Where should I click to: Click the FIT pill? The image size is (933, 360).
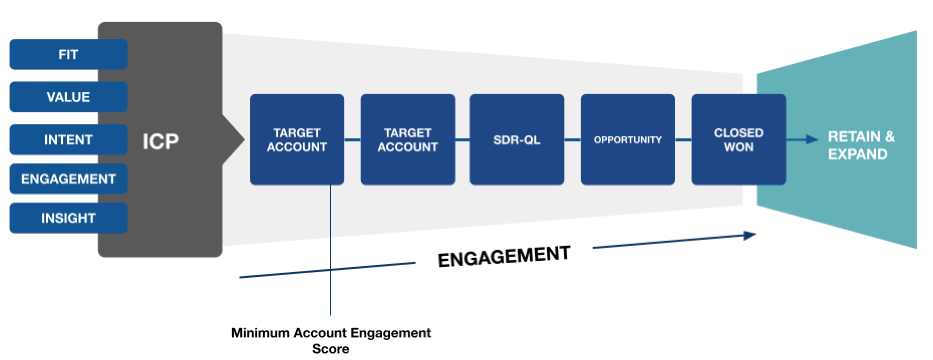[x=68, y=54]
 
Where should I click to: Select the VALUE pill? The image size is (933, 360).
[x=68, y=97]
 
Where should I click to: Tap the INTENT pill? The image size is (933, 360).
[x=68, y=139]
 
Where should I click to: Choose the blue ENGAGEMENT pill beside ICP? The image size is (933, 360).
[x=68, y=178]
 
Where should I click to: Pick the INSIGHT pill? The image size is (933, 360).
[x=68, y=218]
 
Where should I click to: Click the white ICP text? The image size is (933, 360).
[x=161, y=142]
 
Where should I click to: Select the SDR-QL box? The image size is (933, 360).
[x=517, y=139]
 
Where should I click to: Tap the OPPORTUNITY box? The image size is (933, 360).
[x=628, y=139]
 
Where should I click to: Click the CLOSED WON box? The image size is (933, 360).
[x=739, y=139]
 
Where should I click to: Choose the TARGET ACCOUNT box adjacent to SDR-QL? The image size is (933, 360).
[x=408, y=139]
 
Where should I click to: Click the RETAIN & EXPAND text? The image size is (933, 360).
[x=861, y=145]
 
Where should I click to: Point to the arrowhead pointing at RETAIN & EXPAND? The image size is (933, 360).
[x=813, y=139]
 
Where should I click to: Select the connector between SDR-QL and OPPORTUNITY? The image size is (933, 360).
[x=572, y=139]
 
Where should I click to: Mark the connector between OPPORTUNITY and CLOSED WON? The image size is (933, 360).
[x=683, y=139]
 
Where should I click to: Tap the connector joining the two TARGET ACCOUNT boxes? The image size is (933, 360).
[x=353, y=139]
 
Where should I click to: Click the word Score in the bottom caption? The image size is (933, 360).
[x=331, y=348]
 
